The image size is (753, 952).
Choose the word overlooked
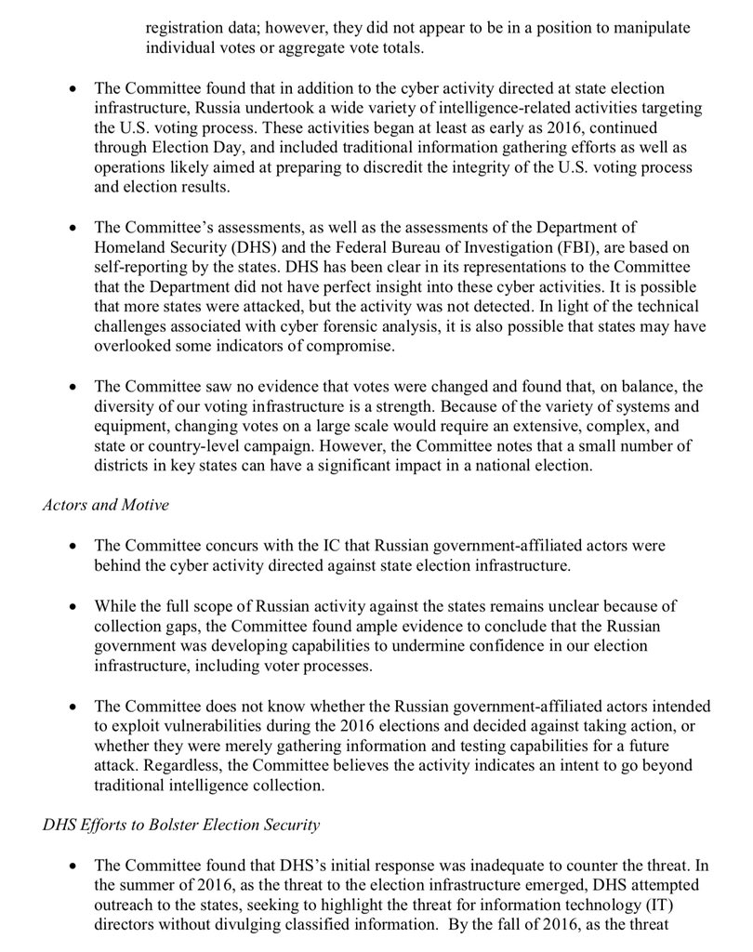pos(136,350)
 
